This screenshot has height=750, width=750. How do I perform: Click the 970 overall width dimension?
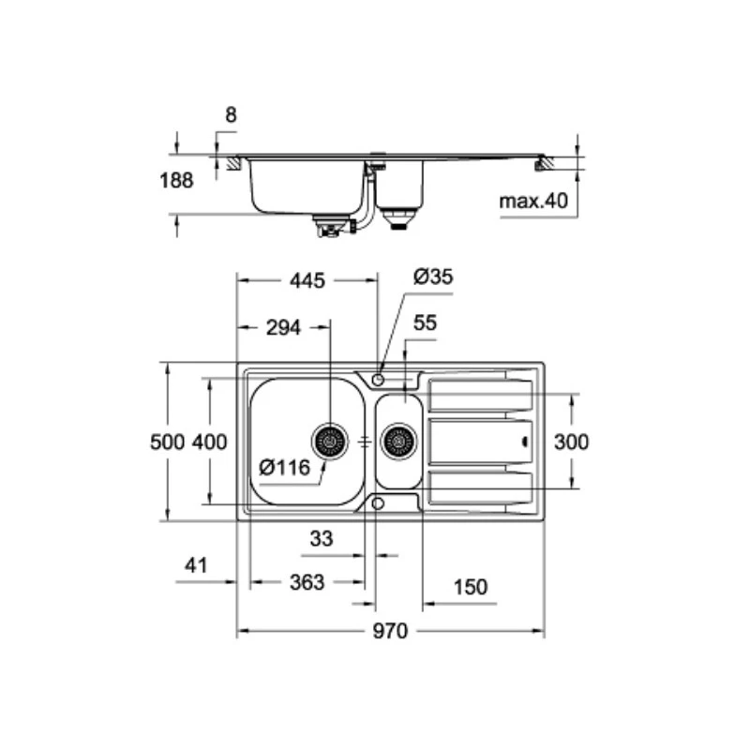click(389, 631)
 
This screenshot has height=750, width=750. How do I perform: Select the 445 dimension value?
click(306, 279)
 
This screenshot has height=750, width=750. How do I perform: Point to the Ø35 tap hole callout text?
click(433, 277)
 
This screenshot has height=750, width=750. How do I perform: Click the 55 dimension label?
click(425, 323)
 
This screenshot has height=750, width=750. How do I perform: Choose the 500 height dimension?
click(168, 442)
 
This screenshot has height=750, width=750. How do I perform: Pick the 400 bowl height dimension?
click(209, 442)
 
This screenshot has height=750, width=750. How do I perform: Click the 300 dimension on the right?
click(572, 442)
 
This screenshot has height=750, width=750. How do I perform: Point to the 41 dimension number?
click(196, 565)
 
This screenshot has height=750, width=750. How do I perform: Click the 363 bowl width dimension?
click(306, 583)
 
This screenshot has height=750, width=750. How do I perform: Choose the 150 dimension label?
click(471, 587)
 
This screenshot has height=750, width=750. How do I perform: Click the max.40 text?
click(532, 201)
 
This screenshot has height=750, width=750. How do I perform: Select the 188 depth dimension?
click(175, 180)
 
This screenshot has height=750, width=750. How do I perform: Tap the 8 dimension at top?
click(232, 115)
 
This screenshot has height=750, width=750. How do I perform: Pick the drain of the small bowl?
click(398, 440)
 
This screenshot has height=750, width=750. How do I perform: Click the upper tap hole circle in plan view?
click(378, 379)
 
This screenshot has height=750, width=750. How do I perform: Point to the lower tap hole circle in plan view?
click(378, 503)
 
